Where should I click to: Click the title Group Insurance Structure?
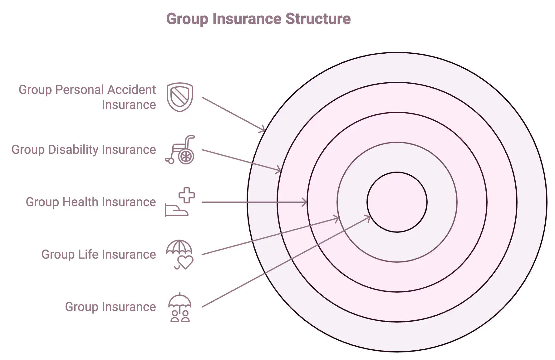pos(258,19)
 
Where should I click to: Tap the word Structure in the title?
pos(318,19)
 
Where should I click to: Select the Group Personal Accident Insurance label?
pos(87,97)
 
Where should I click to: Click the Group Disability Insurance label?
pos(84,150)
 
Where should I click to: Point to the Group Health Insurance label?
pos(91,202)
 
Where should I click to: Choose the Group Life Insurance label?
pos(99,255)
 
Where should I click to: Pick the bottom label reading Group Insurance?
pos(111,307)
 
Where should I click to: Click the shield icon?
pos(180,97)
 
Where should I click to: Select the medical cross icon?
pos(187,196)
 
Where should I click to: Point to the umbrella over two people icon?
pos(180,308)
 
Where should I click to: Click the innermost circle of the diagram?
pos(397,202)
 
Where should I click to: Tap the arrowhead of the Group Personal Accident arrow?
pos(263,129)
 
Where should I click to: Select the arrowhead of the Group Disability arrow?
pos(278,170)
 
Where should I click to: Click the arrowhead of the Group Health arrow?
pos(304,202)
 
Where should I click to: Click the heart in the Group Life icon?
pos(186,262)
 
